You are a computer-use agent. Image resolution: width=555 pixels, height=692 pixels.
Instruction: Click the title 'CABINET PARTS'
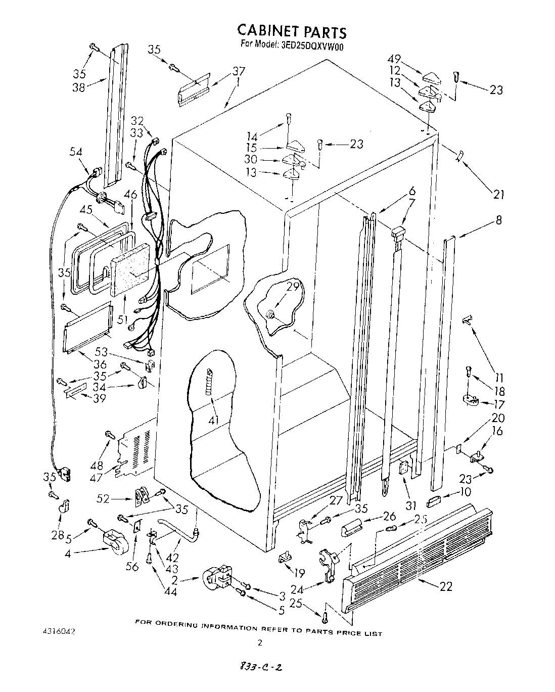coord(292,32)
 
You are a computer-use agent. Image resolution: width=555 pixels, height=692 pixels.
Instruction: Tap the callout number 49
coord(395,59)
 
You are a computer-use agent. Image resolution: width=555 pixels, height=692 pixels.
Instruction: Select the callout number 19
coord(299,573)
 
